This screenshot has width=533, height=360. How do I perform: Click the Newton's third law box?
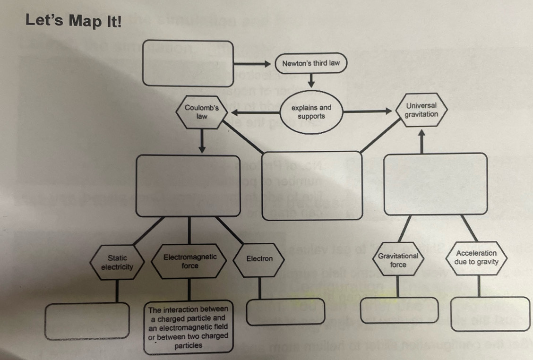(310, 63)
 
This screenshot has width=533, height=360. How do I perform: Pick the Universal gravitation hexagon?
(421, 110)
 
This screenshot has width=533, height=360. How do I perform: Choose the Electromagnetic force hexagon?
(190, 261)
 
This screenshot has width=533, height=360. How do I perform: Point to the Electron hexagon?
(259, 259)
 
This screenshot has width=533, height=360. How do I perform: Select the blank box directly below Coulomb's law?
(188, 186)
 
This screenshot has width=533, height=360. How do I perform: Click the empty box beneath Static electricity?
(87, 320)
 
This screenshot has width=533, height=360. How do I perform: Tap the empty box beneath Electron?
(285, 312)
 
